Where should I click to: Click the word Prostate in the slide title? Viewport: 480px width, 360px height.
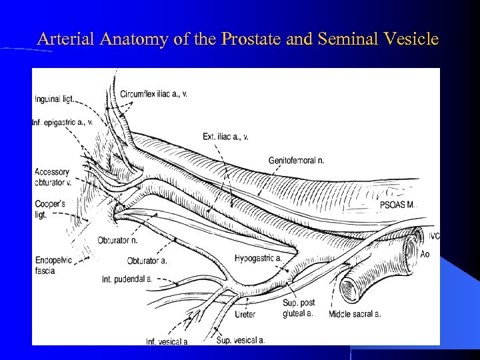click(257, 39)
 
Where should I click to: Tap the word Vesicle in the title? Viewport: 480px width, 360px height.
click(413, 39)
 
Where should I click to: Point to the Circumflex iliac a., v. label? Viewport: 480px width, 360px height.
click(154, 94)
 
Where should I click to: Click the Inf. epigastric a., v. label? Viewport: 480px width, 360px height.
click(62, 122)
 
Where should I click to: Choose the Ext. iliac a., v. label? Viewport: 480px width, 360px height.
click(225, 137)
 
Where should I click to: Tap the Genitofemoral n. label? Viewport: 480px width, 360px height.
click(296, 161)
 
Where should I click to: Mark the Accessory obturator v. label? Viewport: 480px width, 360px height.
click(53, 177)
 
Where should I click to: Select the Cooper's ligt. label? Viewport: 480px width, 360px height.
click(50, 209)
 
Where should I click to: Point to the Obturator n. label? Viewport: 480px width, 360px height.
click(117, 240)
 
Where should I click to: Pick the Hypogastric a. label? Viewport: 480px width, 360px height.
click(258, 258)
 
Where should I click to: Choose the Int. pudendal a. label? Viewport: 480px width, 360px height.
click(127, 278)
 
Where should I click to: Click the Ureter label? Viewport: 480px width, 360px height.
click(245, 314)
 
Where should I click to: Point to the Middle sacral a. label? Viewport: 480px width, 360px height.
click(355, 313)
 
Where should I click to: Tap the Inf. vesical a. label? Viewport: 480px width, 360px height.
click(167, 342)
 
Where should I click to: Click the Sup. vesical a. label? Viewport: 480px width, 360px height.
click(241, 340)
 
